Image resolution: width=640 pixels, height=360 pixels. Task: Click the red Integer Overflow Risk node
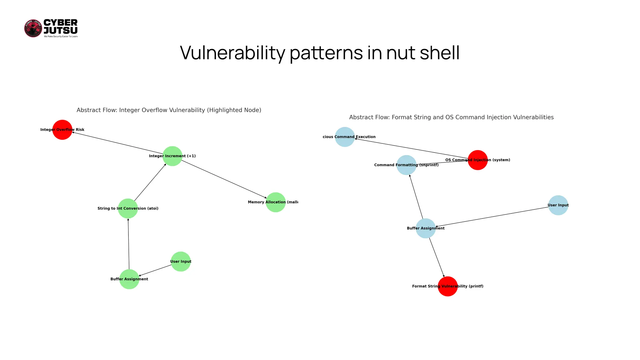pos(62,130)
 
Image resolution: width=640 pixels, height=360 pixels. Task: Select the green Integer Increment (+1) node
pos(172,156)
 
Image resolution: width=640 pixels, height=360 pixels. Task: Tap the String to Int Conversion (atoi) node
pos(128,208)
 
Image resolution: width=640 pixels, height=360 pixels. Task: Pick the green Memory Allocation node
pos(276,202)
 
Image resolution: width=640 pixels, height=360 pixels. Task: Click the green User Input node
pos(181,262)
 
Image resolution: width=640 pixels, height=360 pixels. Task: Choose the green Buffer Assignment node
pos(129,279)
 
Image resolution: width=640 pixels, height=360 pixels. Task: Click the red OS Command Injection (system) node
pos(477,160)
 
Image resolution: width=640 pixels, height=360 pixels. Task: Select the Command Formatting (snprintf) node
pos(406,165)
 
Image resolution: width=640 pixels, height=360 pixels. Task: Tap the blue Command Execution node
pos(345,137)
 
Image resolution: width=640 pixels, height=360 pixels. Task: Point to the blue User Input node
pos(558,205)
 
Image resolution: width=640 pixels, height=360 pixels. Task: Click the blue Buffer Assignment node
pos(426,228)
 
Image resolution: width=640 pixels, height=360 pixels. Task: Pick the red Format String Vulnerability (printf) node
pos(447,286)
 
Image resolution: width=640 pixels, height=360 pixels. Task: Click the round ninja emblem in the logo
pos(33,28)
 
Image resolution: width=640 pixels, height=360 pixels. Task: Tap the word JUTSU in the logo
pos(61,31)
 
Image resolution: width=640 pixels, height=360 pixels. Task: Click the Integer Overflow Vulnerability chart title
pos(169,110)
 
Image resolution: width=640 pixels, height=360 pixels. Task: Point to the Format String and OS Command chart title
pos(451,117)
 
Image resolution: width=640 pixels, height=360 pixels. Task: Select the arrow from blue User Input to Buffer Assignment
pos(492,216)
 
